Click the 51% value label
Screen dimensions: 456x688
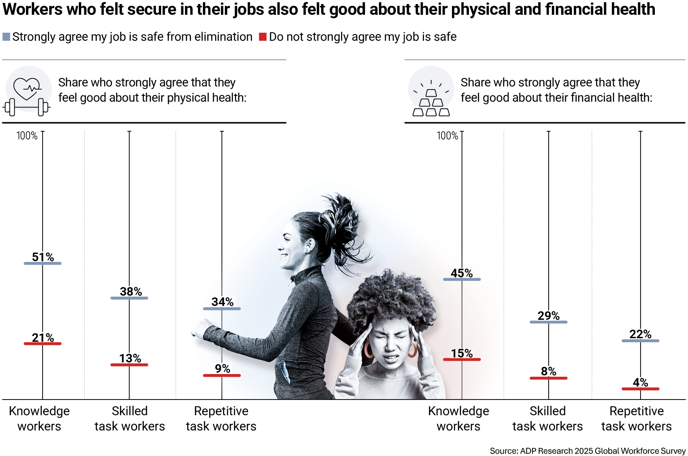tap(43, 257)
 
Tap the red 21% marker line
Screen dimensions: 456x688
tap(43, 344)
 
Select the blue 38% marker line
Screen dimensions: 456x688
tap(129, 298)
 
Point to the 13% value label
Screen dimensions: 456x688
tap(130, 358)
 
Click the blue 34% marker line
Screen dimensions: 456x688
tap(222, 309)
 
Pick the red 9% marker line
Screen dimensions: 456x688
tap(222, 375)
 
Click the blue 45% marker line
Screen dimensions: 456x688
tap(462, 280)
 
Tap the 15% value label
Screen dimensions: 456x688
tap(462, 353)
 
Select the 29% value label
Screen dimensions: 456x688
tap(549, 316)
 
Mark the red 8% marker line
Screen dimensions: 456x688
tap(549, 378)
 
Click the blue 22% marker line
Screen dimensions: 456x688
tap(641, 341)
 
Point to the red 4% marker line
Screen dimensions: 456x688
tap(641, 389)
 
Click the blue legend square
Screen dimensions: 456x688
tap(6, 37)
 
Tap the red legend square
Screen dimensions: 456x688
tap(263, 37)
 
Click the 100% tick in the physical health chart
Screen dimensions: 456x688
tap(27, 136)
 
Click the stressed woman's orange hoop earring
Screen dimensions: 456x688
tap(368, 349)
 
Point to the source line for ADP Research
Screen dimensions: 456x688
tap(587, 451)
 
